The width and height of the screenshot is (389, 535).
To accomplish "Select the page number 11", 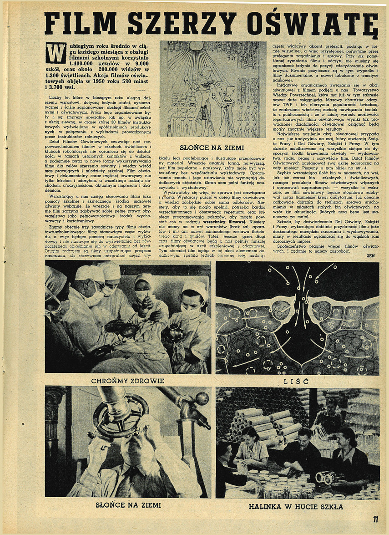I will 375,520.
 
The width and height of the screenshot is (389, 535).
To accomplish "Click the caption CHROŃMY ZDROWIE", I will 127,380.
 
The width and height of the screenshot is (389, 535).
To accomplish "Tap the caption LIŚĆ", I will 298,380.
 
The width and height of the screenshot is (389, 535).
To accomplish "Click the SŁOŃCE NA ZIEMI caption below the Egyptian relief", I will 212,148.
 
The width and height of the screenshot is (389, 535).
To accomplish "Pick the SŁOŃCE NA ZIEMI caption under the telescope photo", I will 128,505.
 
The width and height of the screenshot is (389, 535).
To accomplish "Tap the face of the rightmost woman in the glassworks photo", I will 345,438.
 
